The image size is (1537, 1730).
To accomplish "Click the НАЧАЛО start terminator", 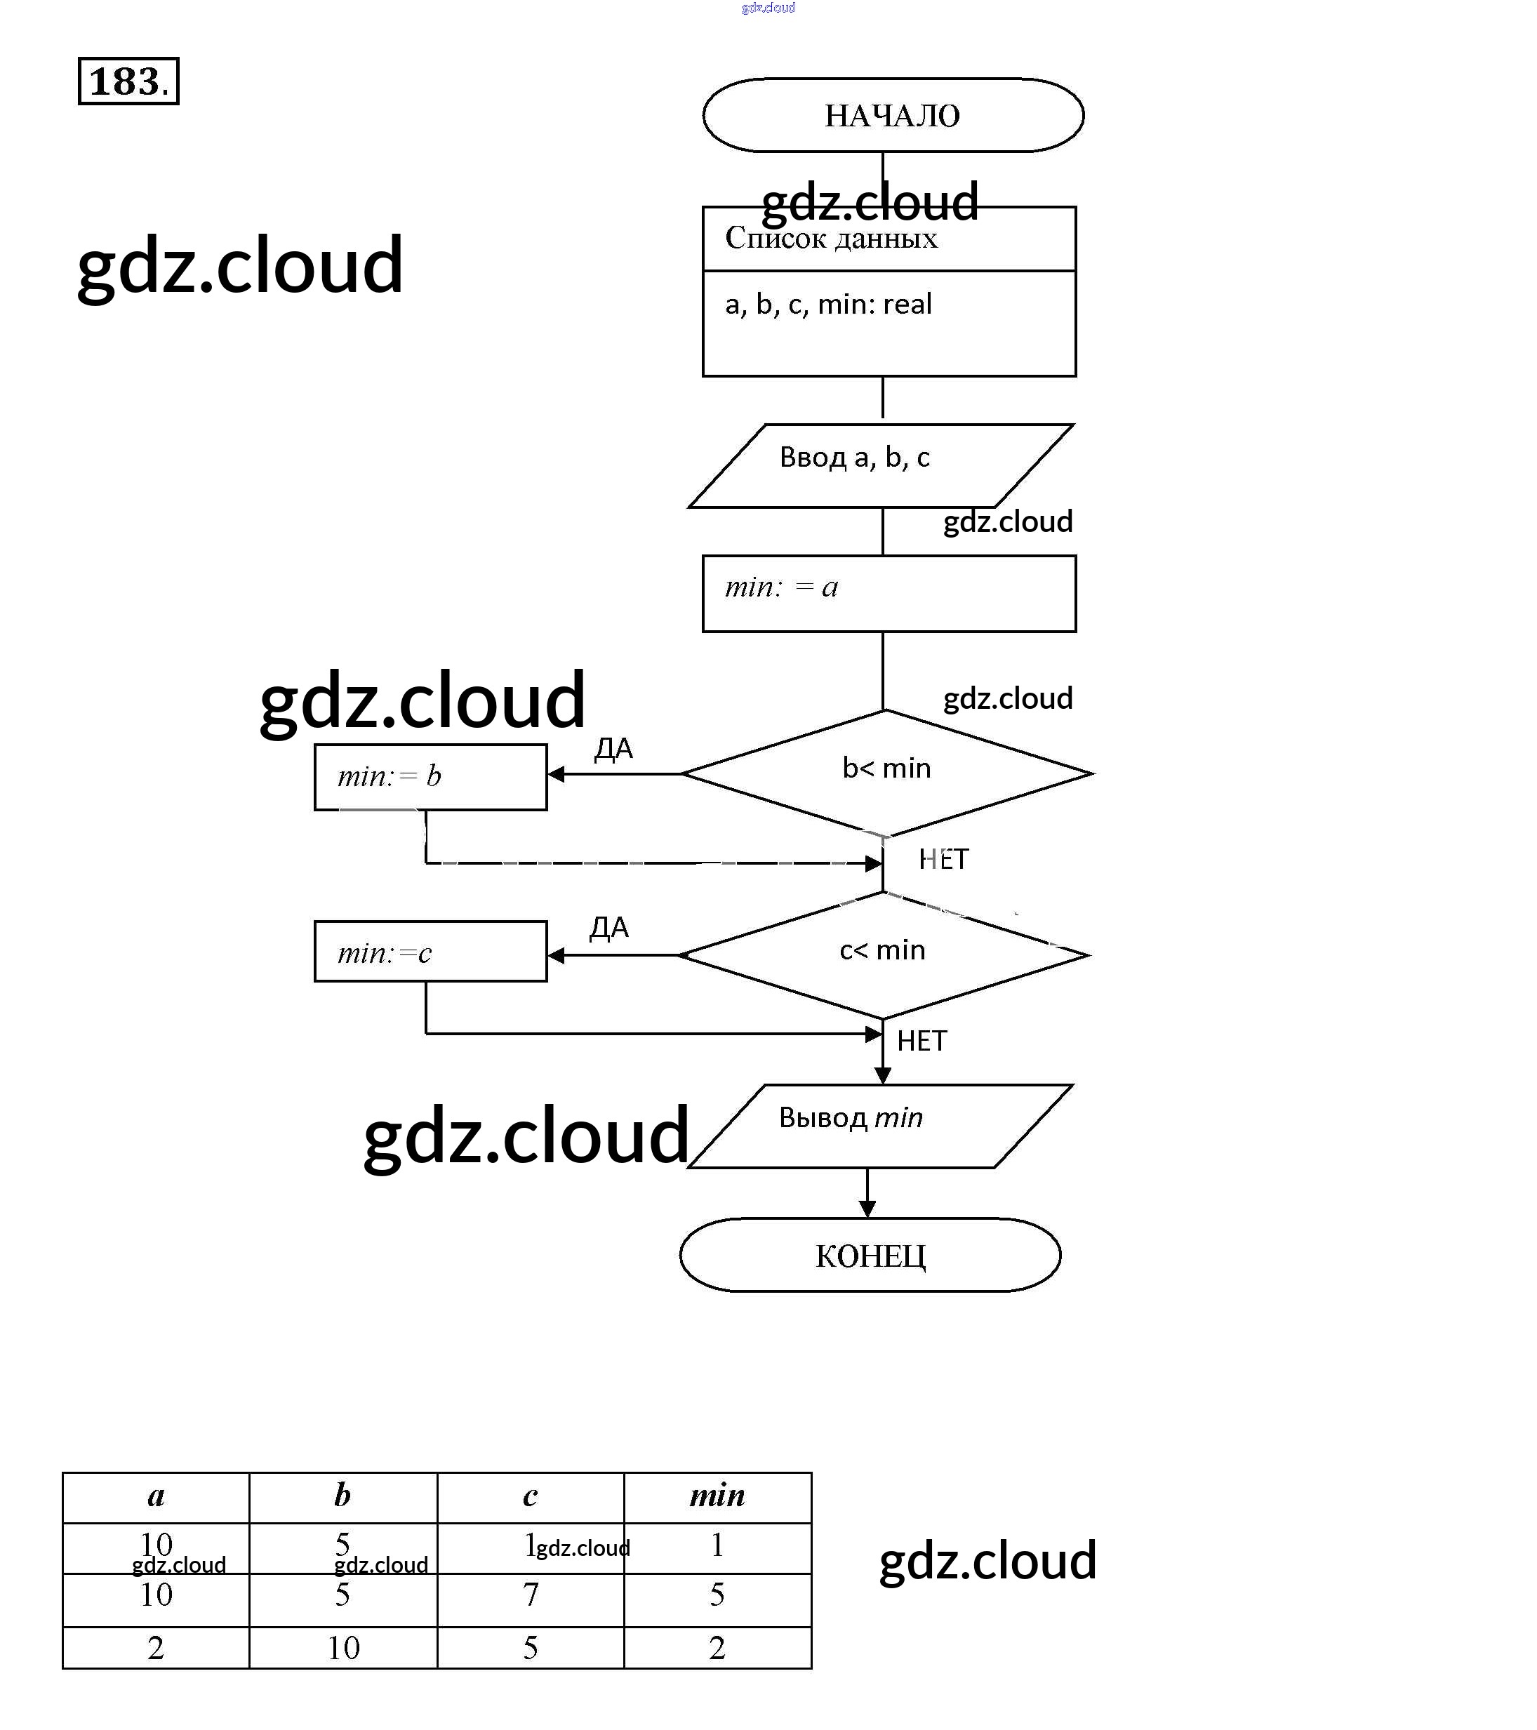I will [x=892, y=115].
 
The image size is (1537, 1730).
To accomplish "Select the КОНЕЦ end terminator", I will [x=870, y=1255].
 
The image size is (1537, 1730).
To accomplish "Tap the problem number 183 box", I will [x=128, y=81].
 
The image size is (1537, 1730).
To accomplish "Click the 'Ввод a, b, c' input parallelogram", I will [x=880, y=465].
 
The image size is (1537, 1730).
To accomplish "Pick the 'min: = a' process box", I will [x=889, y=593].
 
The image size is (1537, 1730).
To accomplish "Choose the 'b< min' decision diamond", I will [x=886, y=772].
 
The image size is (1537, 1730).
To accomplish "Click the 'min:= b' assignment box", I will [x=430, y=777].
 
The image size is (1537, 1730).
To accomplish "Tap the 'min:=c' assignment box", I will [x=430, y=952].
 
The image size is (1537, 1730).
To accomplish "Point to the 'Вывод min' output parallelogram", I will [x=880, y=1126].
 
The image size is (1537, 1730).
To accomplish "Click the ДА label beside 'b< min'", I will [x=613, y=749].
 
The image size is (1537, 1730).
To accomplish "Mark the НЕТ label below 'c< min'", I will [x=921, y=1040].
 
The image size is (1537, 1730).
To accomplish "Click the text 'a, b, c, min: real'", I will [x=827, y=304].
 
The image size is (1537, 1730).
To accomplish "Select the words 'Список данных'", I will [x=831, y=239].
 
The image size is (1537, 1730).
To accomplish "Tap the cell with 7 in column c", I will [x=531, y=1595].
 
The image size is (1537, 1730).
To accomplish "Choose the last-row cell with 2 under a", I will [x=156, y=1648].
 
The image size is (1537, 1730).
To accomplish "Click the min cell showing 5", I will [x=717, y=1595].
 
